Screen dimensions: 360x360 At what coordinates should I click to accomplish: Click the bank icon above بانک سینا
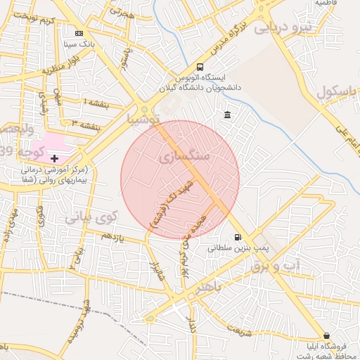pos(79,32)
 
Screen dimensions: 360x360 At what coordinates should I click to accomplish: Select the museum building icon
pos(227,115)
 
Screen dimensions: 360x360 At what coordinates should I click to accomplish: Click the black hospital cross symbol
pos(55,159)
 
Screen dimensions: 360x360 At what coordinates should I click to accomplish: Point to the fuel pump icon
pos(238,237)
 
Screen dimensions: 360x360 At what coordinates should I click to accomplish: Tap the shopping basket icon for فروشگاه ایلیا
pos(326,335)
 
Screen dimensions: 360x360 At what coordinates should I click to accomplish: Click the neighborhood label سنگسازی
pos(185,156)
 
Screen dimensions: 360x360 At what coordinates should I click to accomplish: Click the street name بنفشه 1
pos(96,103)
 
